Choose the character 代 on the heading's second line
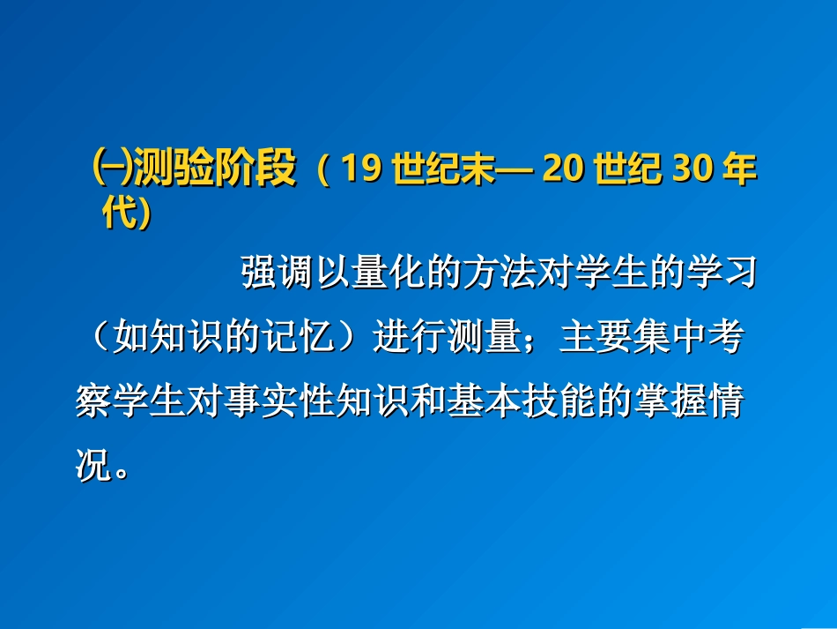118,213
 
